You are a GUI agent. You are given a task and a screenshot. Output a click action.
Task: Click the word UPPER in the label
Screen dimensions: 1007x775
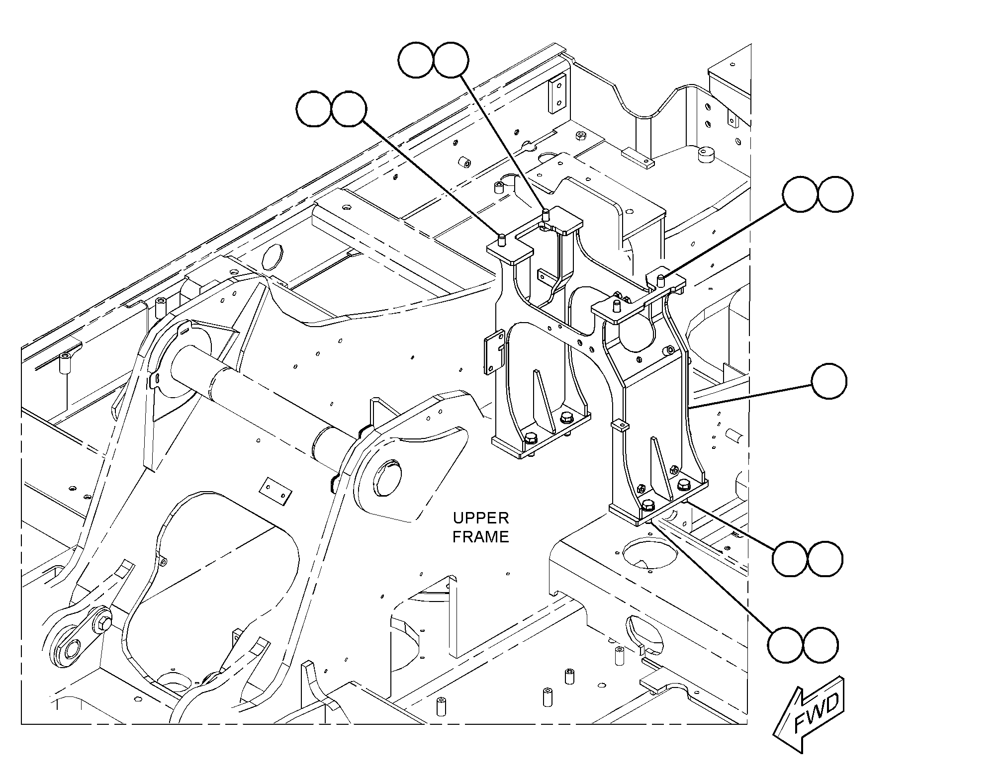[481, 518]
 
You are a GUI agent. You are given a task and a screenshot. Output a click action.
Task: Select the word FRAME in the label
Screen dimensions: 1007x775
[481, 537]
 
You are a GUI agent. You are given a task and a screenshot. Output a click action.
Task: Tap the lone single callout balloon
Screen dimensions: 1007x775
[828, 381]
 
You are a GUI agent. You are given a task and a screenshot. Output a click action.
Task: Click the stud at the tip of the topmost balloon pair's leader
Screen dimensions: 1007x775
[546, 215]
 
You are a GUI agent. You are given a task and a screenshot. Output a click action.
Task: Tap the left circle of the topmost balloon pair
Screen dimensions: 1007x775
[416, 60]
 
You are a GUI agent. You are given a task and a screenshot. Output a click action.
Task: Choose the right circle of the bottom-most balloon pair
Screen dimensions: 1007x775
[820, 645]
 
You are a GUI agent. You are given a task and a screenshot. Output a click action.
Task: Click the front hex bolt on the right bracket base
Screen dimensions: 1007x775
[648, 505]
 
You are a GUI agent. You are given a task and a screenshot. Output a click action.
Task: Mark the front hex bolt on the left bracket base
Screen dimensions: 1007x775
[530, 438]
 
